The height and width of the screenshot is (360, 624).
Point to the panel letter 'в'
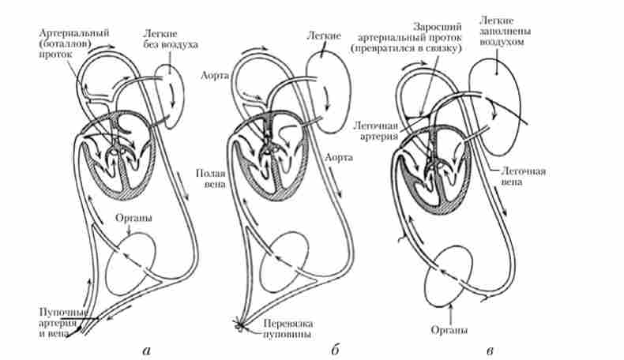click(x=491, y=348)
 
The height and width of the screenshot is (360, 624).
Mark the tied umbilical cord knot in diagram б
click(x=239, y=324)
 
